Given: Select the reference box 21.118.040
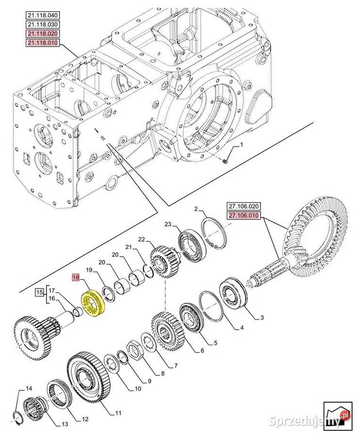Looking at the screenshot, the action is pyautogui.click(x=43, y=15).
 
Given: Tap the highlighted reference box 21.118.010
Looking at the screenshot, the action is pyautogui.click(x=43, y=43).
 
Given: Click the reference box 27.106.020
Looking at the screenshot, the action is pyautogui.click(x=244, y=206).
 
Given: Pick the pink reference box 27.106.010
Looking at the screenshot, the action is pyautogui.click(x=244, y=216).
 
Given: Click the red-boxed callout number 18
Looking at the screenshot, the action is pyautogui.click(x=76, y=278).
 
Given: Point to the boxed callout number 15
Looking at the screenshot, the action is pyautogui.click(x=39, y=292).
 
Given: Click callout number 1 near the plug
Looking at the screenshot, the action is pyautogui.click(x=242, y=144).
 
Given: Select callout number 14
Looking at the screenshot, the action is pyautogui.click(x=29, y=388).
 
